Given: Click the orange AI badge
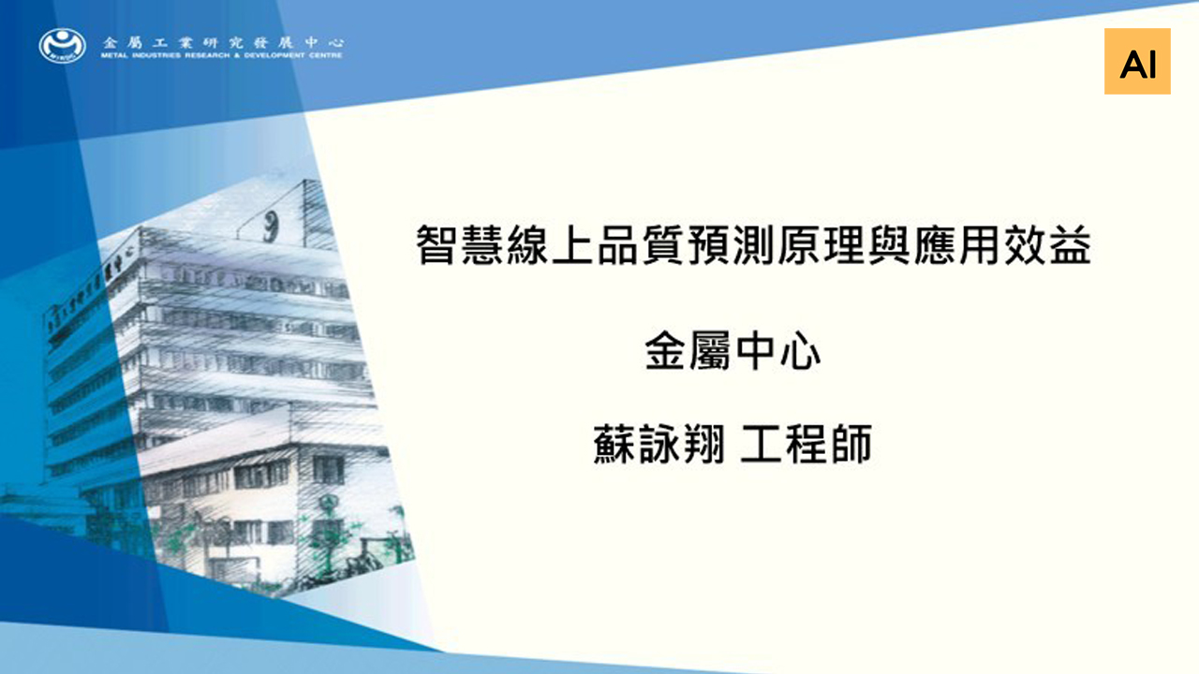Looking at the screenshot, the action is tap(1137, 62).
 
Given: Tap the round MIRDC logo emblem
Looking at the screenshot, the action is tap(63, 46).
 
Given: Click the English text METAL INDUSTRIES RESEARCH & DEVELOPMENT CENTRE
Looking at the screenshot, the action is tap(222, 55).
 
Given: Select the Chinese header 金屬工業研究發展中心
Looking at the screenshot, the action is tap(223, 42).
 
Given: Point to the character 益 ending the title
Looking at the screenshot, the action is tap(1070, 245).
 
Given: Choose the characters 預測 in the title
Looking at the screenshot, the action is tap(731, 245).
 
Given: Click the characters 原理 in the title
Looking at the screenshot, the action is tap(822, 245).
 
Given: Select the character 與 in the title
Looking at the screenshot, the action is tap(889, 245).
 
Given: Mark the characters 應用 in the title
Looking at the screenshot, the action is tap(957, 245).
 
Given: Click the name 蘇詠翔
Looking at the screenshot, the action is tap(659, 444).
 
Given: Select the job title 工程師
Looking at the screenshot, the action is tap(807, 444).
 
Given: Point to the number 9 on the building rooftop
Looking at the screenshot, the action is tap(272, 226).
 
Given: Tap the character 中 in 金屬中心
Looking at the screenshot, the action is tap(755, 350).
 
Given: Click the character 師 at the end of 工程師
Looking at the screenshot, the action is tap(852, 444).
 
